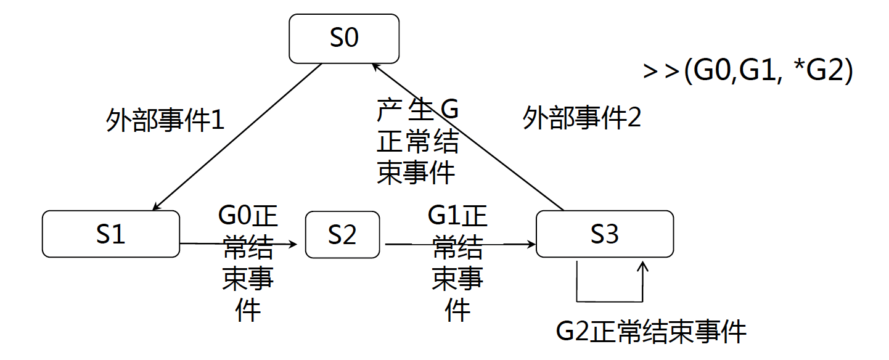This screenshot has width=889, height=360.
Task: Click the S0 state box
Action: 344,38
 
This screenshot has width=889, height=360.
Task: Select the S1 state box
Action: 111,234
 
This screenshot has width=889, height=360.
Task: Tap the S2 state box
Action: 342,234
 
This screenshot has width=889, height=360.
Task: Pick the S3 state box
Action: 605,234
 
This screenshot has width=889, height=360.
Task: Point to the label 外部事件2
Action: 582,118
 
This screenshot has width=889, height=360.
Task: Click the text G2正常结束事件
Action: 651,332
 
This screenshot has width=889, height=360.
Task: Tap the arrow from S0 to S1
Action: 237,137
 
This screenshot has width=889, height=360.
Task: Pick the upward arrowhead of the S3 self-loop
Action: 643,266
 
